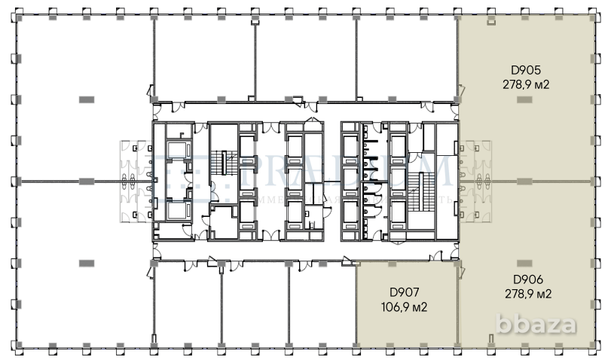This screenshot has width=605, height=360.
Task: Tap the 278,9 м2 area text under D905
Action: pos(526,85)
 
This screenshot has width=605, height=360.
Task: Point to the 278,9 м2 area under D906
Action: pos(527,293)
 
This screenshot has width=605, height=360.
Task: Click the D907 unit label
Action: pos(404,292)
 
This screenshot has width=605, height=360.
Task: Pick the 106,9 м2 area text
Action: pos(404,307)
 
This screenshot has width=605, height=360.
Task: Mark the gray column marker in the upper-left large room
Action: pos(87,99)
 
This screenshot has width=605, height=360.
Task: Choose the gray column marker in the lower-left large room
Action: pos(87,262)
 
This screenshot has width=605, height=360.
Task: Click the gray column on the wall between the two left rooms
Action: pos(87,181)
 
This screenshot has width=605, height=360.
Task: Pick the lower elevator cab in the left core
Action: pos(178,209)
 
